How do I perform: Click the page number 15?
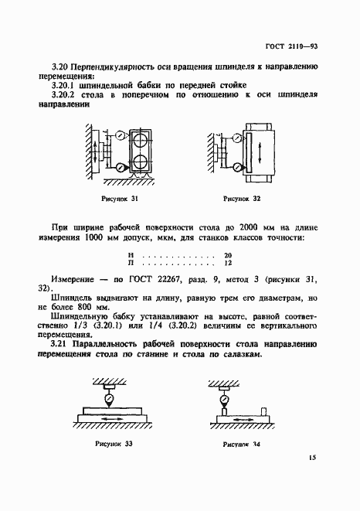(311, 479)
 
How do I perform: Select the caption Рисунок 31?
(120, 199)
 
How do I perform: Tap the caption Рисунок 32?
(242, 199)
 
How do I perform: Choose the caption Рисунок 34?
(242, 445)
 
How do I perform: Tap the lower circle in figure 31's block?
(141, 164)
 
